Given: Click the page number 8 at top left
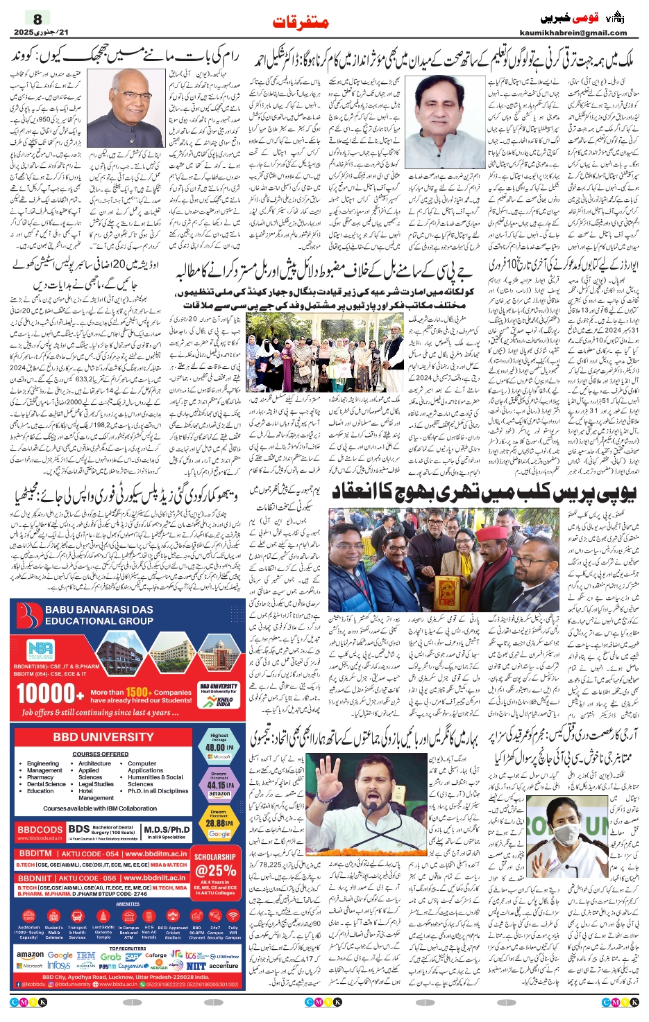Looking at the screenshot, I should (37, 19).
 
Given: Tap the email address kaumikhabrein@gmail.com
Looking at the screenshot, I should (573, 33).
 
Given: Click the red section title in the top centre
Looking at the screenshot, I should (301, 22).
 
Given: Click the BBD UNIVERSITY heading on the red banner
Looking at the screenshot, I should (103, 737).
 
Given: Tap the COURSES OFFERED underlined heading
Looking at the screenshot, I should (100, 754).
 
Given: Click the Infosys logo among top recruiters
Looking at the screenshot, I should (59, 965).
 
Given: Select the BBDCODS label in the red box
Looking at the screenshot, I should (40, 829).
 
